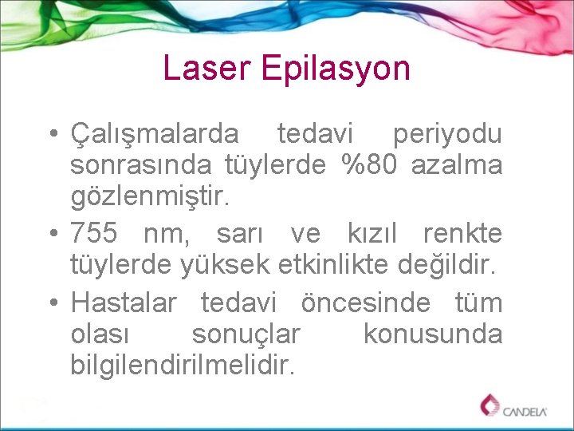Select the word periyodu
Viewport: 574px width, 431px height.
coord(446,134)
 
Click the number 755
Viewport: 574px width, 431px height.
coord(94,234)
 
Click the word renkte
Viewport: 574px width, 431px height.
coord(462,234)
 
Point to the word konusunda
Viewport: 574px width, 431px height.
coord(432,334)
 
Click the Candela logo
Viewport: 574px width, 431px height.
coord(514,407)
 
